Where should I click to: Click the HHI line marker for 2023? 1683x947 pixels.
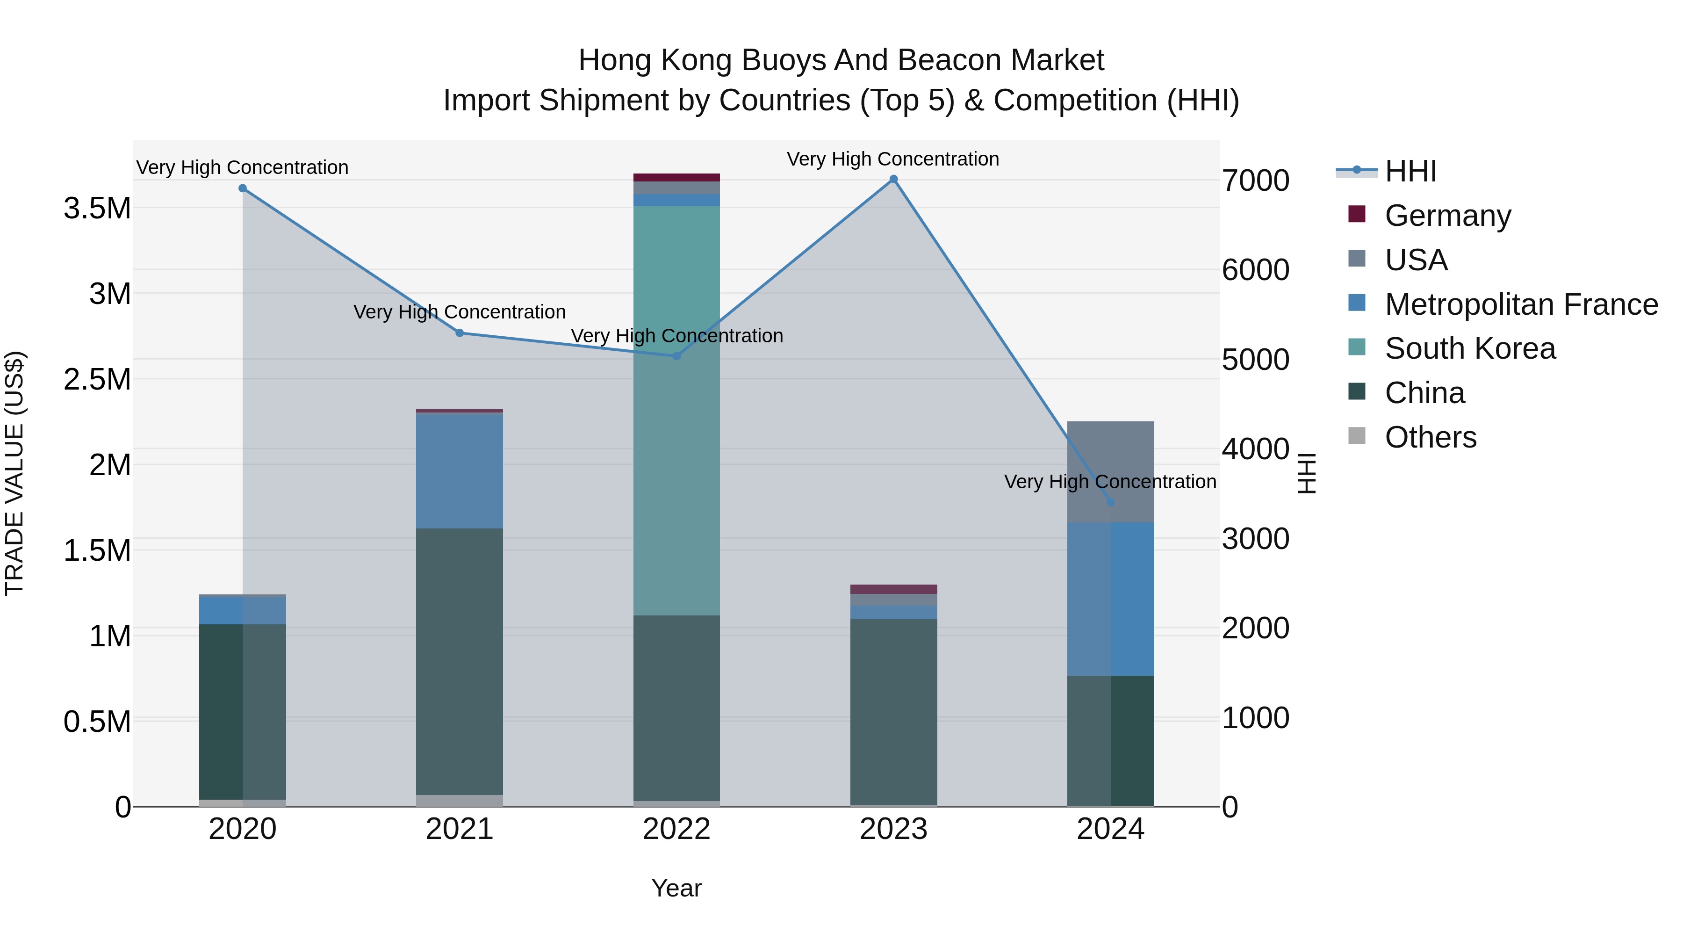tap(893, 179)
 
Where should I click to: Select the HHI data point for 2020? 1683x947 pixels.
tap(242, 188)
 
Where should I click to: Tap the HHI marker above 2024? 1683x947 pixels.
tap(1110, 502)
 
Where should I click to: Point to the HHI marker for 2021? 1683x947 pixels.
tap(459, 333)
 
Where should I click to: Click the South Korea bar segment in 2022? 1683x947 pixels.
tap(676, 411)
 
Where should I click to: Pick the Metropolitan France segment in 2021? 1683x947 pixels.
tap(459, 470)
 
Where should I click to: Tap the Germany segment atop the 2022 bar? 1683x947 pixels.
tap(676, 177)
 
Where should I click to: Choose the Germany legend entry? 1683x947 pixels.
tap(1447, 216)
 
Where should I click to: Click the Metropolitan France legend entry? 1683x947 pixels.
tap(1521, 304)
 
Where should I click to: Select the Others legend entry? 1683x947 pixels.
tap(1430, 437)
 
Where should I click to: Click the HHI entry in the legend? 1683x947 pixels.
tap(1410, 171)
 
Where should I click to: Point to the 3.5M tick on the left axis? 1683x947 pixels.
tap(97, 209)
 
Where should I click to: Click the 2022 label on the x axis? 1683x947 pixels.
tap(676, 829)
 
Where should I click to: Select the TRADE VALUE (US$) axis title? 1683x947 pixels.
tap(14, 473)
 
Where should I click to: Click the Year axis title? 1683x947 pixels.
tap(676, 888)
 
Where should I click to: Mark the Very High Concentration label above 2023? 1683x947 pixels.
tap(892, 159)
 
